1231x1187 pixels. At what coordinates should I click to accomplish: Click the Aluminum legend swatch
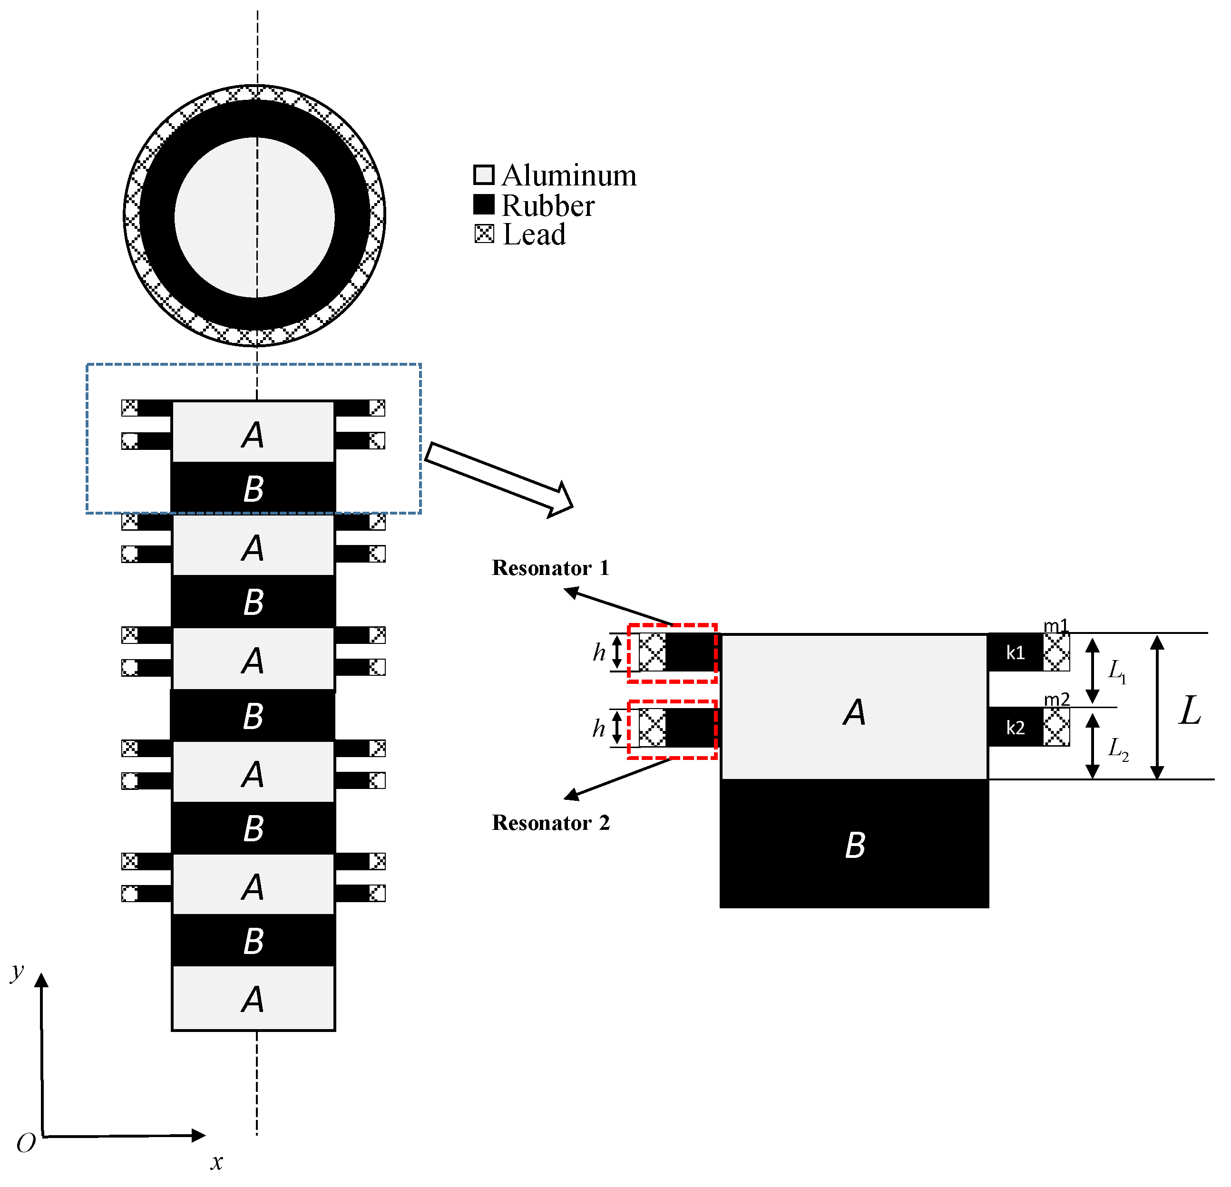coord(484,175)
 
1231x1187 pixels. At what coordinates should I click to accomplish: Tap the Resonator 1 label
coord(550,568)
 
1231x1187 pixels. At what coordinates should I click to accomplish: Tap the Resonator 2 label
coord(550,823)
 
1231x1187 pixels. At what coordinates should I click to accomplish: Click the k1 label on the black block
coord(1015,652)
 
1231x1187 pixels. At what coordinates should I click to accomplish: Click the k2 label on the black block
coord(1015,728)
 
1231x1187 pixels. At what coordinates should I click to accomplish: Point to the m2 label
coord(1056,699)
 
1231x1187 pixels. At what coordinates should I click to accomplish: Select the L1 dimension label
coord(1117,671)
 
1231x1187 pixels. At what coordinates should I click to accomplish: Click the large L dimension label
coord(1190,711)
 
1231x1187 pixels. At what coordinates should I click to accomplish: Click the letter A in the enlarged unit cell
coord(854,712)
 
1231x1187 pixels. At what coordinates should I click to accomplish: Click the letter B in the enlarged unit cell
coord(855,845)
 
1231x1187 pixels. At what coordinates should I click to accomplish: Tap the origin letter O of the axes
coord(26,1144)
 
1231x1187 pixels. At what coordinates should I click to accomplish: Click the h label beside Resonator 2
coord(598,728)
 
